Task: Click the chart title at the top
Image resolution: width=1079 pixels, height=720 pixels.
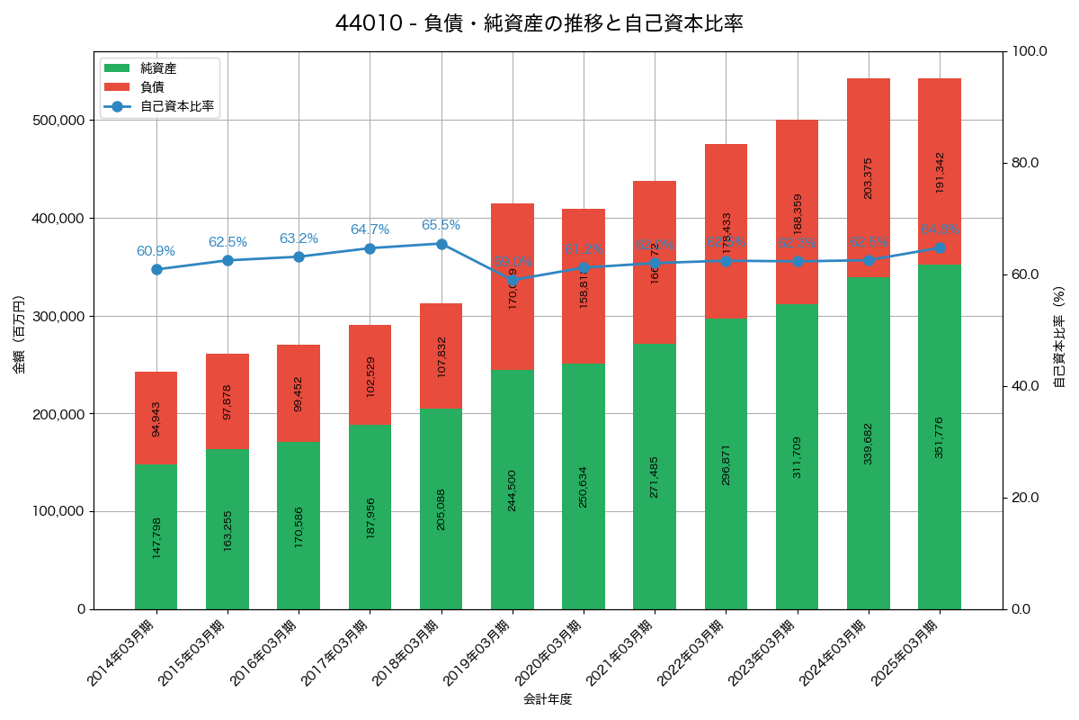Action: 539,23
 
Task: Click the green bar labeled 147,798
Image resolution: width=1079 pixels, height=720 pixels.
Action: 156,536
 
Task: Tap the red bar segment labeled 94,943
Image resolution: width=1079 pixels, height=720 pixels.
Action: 156,418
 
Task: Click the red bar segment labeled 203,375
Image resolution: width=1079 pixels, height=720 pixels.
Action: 868,177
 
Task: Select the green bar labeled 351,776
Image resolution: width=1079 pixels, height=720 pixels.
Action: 940,436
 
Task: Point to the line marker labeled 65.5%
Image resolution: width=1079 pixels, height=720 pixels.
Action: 441,244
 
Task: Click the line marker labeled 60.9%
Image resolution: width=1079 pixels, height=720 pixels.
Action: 156,269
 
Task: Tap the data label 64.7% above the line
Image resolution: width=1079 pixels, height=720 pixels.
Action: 370,229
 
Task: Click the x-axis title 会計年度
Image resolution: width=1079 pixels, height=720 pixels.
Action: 548,698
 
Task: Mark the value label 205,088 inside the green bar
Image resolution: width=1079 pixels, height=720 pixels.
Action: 441,508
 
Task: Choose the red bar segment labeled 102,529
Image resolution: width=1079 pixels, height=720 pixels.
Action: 370,374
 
